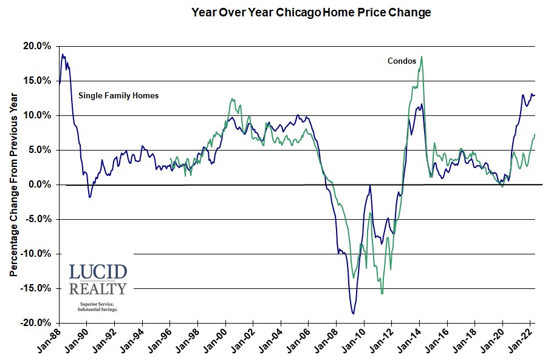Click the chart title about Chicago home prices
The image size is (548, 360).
(310, 12)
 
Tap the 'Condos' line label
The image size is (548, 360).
(402, 61)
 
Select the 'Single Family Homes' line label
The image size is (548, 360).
(118, 95)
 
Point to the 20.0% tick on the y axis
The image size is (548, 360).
(37, 46)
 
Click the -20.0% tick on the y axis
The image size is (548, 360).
(36, 323)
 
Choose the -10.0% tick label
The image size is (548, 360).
(36, 254)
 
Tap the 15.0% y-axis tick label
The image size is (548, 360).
(37, 81)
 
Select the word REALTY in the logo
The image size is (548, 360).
(98, 289)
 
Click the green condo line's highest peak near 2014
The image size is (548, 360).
(422, 56)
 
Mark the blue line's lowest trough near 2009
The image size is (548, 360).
(353, 313)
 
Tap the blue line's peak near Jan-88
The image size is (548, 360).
(63, 55)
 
